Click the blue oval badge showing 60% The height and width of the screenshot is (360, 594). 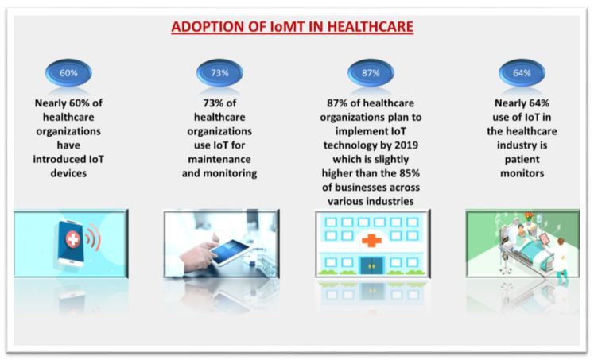pyautogui.click(x=68, y=72)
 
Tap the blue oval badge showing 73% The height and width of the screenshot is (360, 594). pyautogui.click(x=219, y=72)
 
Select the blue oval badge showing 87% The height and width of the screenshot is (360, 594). pyautogui.click(x=371, y=72)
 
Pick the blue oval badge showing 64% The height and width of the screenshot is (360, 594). pyautogui.click(x=522, y=72)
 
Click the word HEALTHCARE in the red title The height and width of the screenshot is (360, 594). pyautogui.click(x=370, y=27)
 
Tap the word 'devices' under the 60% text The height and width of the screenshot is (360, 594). pyautogui.click(x=68, y=173)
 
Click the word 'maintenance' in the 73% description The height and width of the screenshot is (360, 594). pyautogui.click(x=219, y=159)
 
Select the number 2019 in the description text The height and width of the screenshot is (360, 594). pyautogui.click(x=406, y=145)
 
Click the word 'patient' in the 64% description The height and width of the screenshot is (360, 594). pyautogui.click(x=522, y=160)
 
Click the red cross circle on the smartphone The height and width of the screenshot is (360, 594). pyautogui.click(x=73, y=239)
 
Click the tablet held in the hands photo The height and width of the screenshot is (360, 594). pyautogui.click(x=230, y=252)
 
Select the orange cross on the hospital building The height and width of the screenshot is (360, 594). pyautogui.click(x=371, y=240)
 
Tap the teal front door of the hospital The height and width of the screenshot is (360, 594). pyautogui.click(x=371, y=265)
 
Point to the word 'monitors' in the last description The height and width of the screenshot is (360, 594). pyautogui.click(x=522, y=173)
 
